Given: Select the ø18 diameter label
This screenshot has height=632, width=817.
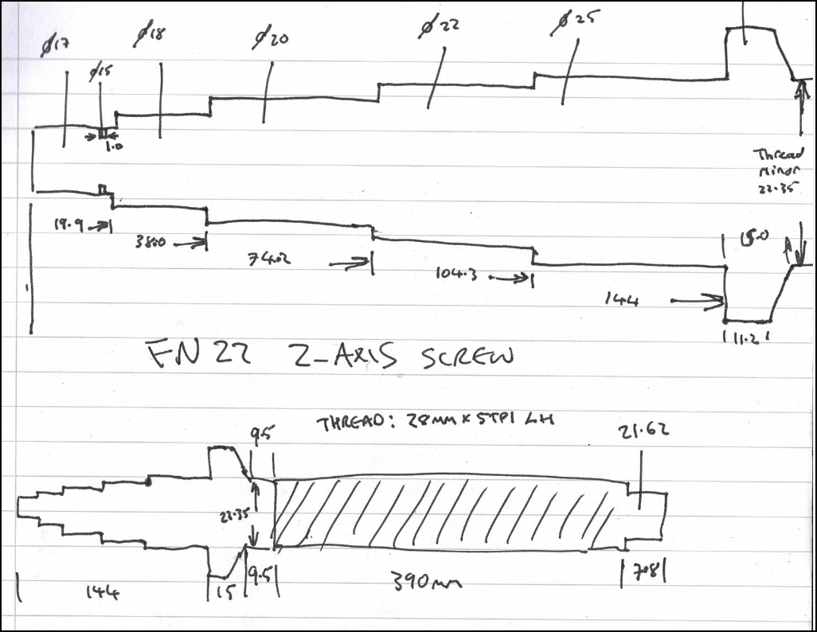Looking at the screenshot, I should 150,33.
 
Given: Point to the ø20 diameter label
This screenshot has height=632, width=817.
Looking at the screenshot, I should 271,37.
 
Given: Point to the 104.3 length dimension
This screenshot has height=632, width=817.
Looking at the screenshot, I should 458,275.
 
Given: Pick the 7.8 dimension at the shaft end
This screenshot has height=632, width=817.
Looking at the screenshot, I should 642,571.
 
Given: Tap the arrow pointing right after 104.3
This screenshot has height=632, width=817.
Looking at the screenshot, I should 510,278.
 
